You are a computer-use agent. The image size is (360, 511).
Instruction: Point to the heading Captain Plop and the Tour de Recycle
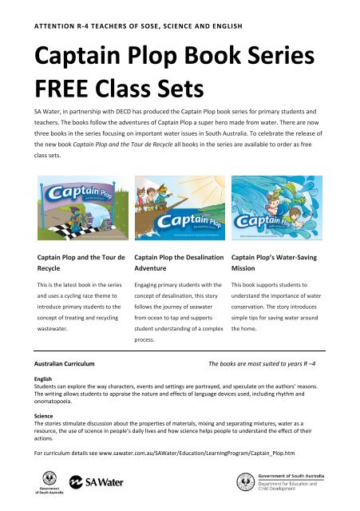pyautogui.click(x=81, y=265)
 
